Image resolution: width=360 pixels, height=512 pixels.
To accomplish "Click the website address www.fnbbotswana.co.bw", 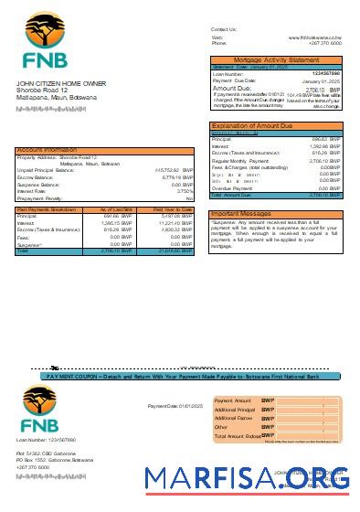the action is click(x=315, y=37).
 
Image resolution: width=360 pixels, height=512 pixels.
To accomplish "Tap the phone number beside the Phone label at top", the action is click(x=324, y=43).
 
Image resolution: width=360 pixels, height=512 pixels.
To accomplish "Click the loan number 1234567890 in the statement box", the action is click(x=326, y=73).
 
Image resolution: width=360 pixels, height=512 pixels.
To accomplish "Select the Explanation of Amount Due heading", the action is click(x=253, y=125).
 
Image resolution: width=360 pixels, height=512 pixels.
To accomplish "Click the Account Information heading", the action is click(x=47, y=149).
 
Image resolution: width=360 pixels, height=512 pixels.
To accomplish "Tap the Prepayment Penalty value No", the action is click(x=189, y=198).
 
